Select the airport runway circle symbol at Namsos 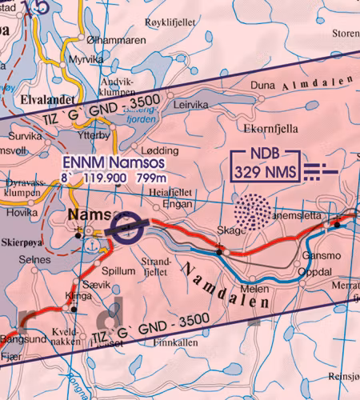pyautogui.click(x=127, y=233)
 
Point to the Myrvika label pyautogui.click(x=86, y=59)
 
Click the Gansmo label pyautogui.click(x=321, y=257)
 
